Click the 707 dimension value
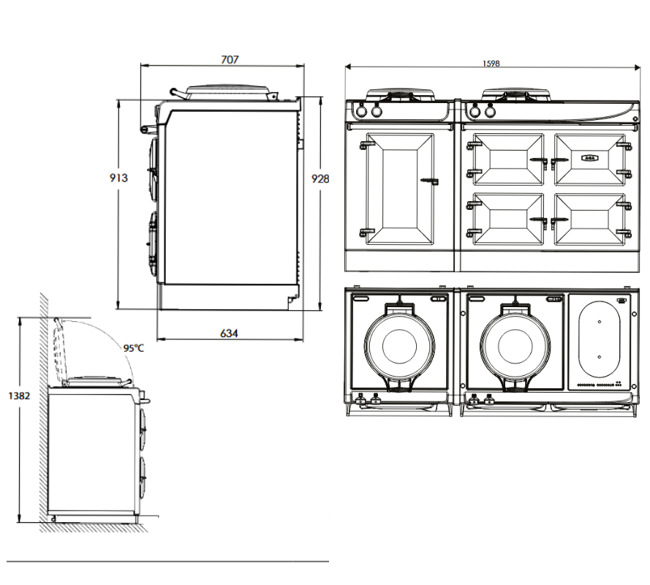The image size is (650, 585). [230, 60]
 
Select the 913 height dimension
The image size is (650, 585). [118, 178]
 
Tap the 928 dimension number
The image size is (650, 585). [320, 178]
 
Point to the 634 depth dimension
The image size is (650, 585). [229, 333]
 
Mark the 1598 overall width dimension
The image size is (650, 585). [491, 64]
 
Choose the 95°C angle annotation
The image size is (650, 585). [134, 348]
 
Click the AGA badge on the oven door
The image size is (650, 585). [589, 156]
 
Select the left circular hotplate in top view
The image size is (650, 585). [400, 344]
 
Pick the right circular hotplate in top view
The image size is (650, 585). [516, 344]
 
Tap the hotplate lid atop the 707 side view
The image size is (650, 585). [228, 91]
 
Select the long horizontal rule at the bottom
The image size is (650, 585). [168, 562]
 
